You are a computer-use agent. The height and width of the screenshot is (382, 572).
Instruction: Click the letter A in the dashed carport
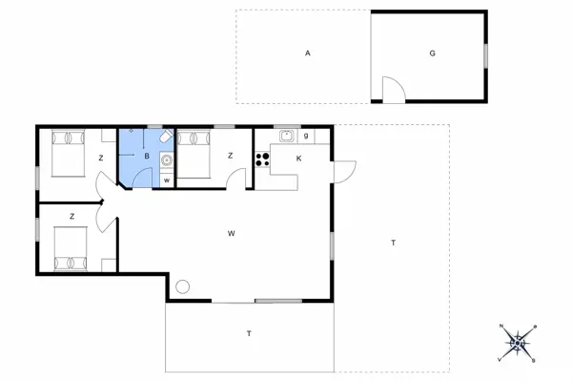click(x=308, y=53)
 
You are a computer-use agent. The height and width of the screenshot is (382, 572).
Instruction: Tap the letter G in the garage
click(x=432, y=53)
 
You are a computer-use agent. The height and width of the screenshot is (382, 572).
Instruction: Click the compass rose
click(x=518, y=341)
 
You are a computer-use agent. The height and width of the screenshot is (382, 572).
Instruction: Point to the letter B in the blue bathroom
click(x=147, y=156)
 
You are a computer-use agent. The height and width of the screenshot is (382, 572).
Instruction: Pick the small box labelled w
click(x=167, y=180)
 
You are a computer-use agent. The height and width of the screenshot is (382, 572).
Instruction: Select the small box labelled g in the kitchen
click(x=305, y=136)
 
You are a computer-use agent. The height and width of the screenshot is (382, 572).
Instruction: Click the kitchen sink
click(x=285, y=137)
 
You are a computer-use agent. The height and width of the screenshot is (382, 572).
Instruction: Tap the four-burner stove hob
click(x=262, y=159)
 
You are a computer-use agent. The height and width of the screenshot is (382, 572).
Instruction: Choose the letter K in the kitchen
click(x=298, y=159)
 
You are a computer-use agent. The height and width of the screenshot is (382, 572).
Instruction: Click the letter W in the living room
click(x=231, y=233)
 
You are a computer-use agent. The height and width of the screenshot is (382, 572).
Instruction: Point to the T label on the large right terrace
click(x=392, y=244)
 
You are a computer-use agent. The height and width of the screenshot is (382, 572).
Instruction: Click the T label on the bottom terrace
click(x=249, y=333)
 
